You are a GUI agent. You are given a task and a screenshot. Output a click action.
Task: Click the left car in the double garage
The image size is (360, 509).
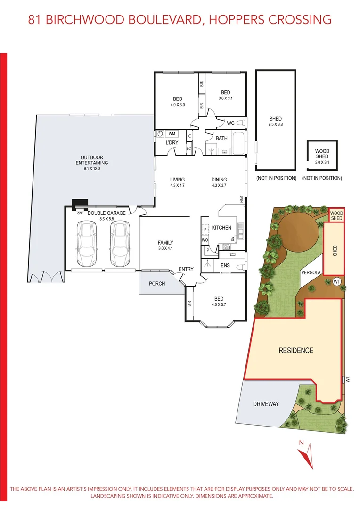click(86, 244)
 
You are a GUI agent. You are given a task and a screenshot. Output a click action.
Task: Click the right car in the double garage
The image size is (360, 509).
click(119, 244)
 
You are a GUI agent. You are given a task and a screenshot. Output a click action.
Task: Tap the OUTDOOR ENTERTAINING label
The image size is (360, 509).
click(94, 160)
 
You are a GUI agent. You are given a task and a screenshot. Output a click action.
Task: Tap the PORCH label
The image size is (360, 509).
click(157, 283)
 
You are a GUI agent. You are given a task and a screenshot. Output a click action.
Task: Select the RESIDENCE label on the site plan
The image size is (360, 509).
click(295, 350)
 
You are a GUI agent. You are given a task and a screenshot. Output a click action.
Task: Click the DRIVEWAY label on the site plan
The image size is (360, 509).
click(266, 404)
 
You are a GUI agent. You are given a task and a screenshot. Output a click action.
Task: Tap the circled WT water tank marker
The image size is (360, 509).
click(336, 281)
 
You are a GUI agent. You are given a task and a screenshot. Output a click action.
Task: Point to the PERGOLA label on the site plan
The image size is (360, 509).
click(311, 272)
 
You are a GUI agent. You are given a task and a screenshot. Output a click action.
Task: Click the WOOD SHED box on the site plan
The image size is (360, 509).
click(336, 215)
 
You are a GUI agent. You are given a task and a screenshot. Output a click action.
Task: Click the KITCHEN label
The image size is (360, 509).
click(221, 228)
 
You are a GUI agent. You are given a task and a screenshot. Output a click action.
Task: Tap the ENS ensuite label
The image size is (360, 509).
click(225, 266)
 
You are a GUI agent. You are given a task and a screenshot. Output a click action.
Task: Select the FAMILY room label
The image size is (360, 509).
click(166, 242)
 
